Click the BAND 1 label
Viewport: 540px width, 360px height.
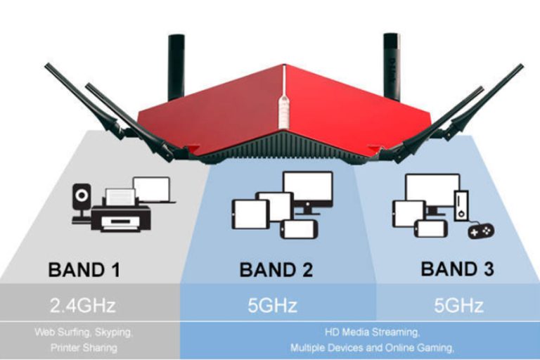click(x=84, y=269)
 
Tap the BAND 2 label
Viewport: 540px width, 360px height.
click(x=276, y=270)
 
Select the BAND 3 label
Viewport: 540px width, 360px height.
click(x=457, y=269)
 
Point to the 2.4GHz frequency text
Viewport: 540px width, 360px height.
click(x=84, y=306)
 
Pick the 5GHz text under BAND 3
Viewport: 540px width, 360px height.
click(x=458, y=306)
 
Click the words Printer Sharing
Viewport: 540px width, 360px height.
click(x=84, y=347)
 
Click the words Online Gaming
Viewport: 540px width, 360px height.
click(x=424, y=347)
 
